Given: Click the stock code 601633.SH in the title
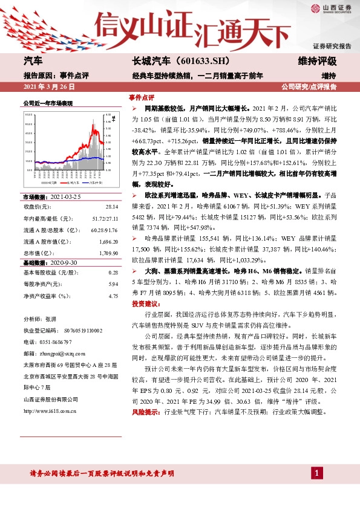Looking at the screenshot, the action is pyautogui.click(x=199, y=62).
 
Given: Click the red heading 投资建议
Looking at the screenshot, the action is pyautogui.click(x=144, y=303).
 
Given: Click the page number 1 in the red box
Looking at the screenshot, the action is pyautogui.click(x=316, y=475).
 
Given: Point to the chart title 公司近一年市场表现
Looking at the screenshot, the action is pyautogui.click(x=48, y=103).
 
